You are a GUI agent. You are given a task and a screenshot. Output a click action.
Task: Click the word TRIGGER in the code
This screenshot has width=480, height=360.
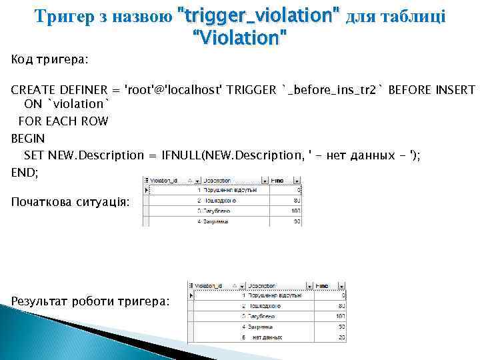pos(252,90)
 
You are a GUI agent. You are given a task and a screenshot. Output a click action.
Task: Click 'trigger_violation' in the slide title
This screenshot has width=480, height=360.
pos(257,15)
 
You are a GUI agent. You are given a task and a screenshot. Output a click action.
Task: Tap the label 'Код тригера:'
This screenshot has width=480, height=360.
pos(50,59)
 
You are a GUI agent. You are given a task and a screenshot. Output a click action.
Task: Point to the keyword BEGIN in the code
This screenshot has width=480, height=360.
pos(28,139)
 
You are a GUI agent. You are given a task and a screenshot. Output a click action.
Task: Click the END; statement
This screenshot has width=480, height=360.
pos(25,171)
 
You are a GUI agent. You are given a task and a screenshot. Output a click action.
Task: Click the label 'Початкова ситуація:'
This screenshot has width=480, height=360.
pos(71,201)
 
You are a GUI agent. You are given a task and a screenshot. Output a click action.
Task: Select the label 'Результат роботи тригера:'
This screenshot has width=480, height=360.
pos(90,301)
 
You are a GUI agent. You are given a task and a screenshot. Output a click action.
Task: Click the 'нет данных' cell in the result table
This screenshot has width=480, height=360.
pos(263,338)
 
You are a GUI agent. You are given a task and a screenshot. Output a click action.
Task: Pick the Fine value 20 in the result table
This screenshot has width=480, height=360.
pos(341,338)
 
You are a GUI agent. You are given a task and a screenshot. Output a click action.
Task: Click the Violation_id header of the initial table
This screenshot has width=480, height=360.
pos(164,180)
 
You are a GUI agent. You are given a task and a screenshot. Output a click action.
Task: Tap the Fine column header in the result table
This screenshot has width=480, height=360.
pos(322,285)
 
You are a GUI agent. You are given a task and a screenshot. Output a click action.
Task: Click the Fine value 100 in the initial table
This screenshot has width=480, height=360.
pos(296,210)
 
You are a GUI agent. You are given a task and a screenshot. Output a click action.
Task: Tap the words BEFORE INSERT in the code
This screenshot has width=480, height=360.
pos(431,90)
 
